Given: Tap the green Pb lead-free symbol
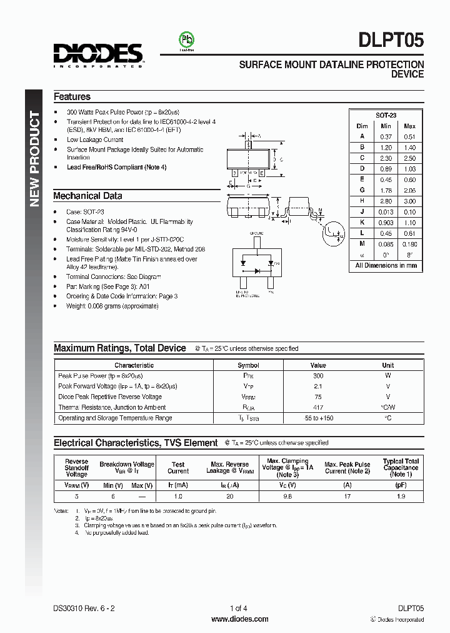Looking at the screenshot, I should [186, 39].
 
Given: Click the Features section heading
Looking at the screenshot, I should [72, 97].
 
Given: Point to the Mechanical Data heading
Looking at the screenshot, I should [87, 196].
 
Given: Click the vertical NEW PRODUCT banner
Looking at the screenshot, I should [35, 159].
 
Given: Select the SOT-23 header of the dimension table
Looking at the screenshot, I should [386, 115].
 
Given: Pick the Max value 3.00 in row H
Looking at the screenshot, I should [409, 201].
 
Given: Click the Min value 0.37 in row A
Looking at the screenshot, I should [386, 136].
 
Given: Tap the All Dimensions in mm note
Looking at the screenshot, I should [386, 266].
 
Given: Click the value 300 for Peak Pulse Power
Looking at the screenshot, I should [318, 375].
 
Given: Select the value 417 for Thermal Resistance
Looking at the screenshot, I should [318, 407].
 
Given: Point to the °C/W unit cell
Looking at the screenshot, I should [388, 407].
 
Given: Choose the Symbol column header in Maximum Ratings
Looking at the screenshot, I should [248, 365].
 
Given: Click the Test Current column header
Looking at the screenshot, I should [178, 468].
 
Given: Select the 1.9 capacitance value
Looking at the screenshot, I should [401, 496].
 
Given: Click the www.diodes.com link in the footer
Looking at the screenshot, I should [240, 619].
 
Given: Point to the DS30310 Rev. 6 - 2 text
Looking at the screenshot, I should [84, 609].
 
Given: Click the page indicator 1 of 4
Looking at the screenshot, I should [239, 609].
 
